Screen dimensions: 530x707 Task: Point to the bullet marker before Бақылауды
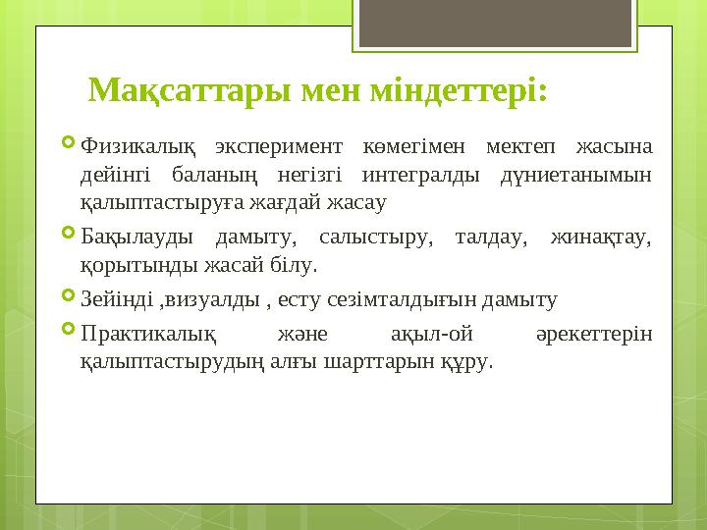pos(67,237)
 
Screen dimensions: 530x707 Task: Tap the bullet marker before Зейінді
pos(67,297)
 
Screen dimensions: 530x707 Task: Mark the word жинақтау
pos(602,238)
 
